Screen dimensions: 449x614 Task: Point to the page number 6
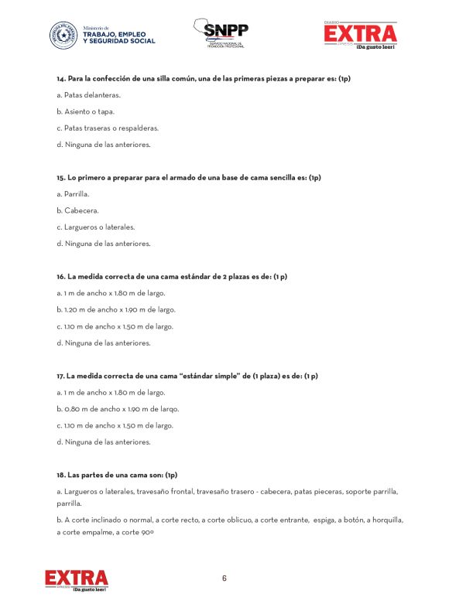click(224, 578)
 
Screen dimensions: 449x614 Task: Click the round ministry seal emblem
click(63, 35)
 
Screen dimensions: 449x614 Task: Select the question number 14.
click(60, 79)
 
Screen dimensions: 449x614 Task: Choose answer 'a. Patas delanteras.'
click(88, 95)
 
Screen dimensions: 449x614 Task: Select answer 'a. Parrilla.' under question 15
click(73, 194)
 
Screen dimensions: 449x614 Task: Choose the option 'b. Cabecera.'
click(77, 210)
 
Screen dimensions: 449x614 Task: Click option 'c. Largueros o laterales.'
click(95, 227)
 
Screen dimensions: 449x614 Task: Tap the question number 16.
click(60, 276)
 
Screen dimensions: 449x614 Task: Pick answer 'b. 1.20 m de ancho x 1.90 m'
click(116, 309)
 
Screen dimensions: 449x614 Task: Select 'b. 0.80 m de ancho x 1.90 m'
click(118, 408)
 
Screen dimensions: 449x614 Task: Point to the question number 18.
click(60, 474)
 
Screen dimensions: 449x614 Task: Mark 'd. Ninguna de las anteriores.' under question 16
click(103, 343)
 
